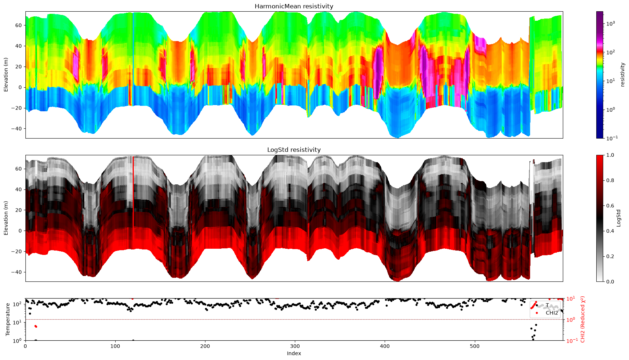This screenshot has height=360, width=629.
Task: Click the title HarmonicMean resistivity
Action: tap(294, 6)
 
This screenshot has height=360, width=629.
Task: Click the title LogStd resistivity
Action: tap(294, 150)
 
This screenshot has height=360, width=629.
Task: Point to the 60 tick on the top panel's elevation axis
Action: tap(19, 25)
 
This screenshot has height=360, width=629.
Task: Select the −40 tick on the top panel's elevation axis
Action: tap(17, 128)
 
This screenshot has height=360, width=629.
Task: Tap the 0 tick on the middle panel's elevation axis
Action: tap(20, 231)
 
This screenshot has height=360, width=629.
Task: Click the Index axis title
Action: tap(294, 353)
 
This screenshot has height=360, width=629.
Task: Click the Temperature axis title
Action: tap(8, 319)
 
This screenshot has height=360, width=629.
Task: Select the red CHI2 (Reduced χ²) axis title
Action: tap(583, 319)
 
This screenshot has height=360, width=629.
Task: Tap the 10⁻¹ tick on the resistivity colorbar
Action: tap(610, 138)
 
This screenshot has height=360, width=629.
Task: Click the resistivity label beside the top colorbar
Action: tap(622, 75)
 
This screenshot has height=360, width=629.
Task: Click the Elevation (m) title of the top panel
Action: tap(6, 75)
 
